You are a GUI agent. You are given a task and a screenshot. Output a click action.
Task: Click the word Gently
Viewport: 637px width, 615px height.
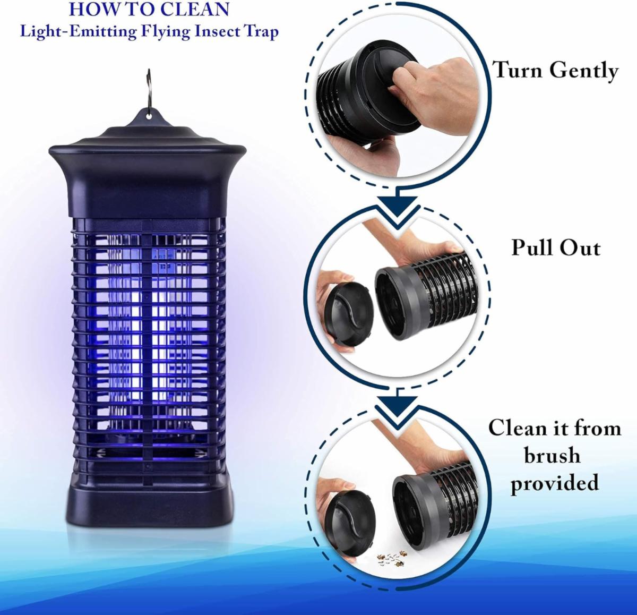[x=584, y=72]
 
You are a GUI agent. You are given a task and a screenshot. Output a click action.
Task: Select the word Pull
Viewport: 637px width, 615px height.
[x=532, y=247]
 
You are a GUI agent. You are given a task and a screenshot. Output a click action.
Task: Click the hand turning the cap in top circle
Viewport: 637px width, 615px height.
[x=432, y=95]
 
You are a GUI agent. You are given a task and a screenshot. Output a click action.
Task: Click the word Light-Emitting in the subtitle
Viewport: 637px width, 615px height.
[x=78, y=32]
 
